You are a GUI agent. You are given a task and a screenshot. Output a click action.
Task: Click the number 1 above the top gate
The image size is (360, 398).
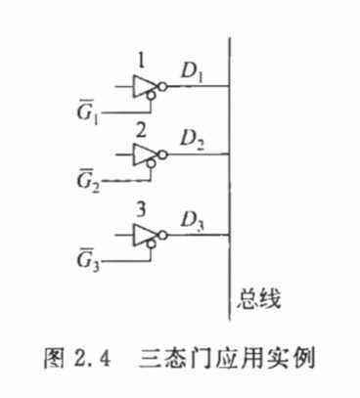[143, 58]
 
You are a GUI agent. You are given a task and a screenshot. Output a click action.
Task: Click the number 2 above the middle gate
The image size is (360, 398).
[143, 129]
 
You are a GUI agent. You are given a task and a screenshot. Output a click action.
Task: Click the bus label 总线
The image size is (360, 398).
[260, 298]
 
